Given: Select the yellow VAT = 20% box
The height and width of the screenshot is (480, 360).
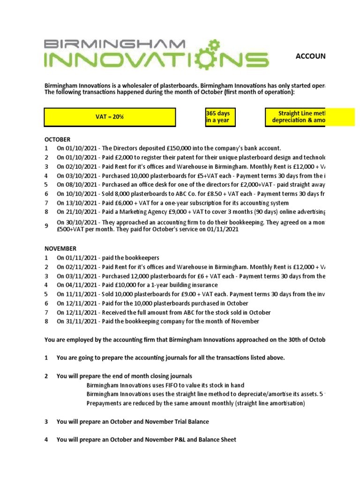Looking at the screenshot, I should [111, 117].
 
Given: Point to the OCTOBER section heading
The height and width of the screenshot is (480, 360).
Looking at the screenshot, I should [57, 140].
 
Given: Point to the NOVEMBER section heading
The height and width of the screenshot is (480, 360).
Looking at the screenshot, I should [60, 248].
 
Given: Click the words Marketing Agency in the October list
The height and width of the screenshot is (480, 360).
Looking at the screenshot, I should [161, 212].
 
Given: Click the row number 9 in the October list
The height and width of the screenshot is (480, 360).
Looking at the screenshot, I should [46, 226].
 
